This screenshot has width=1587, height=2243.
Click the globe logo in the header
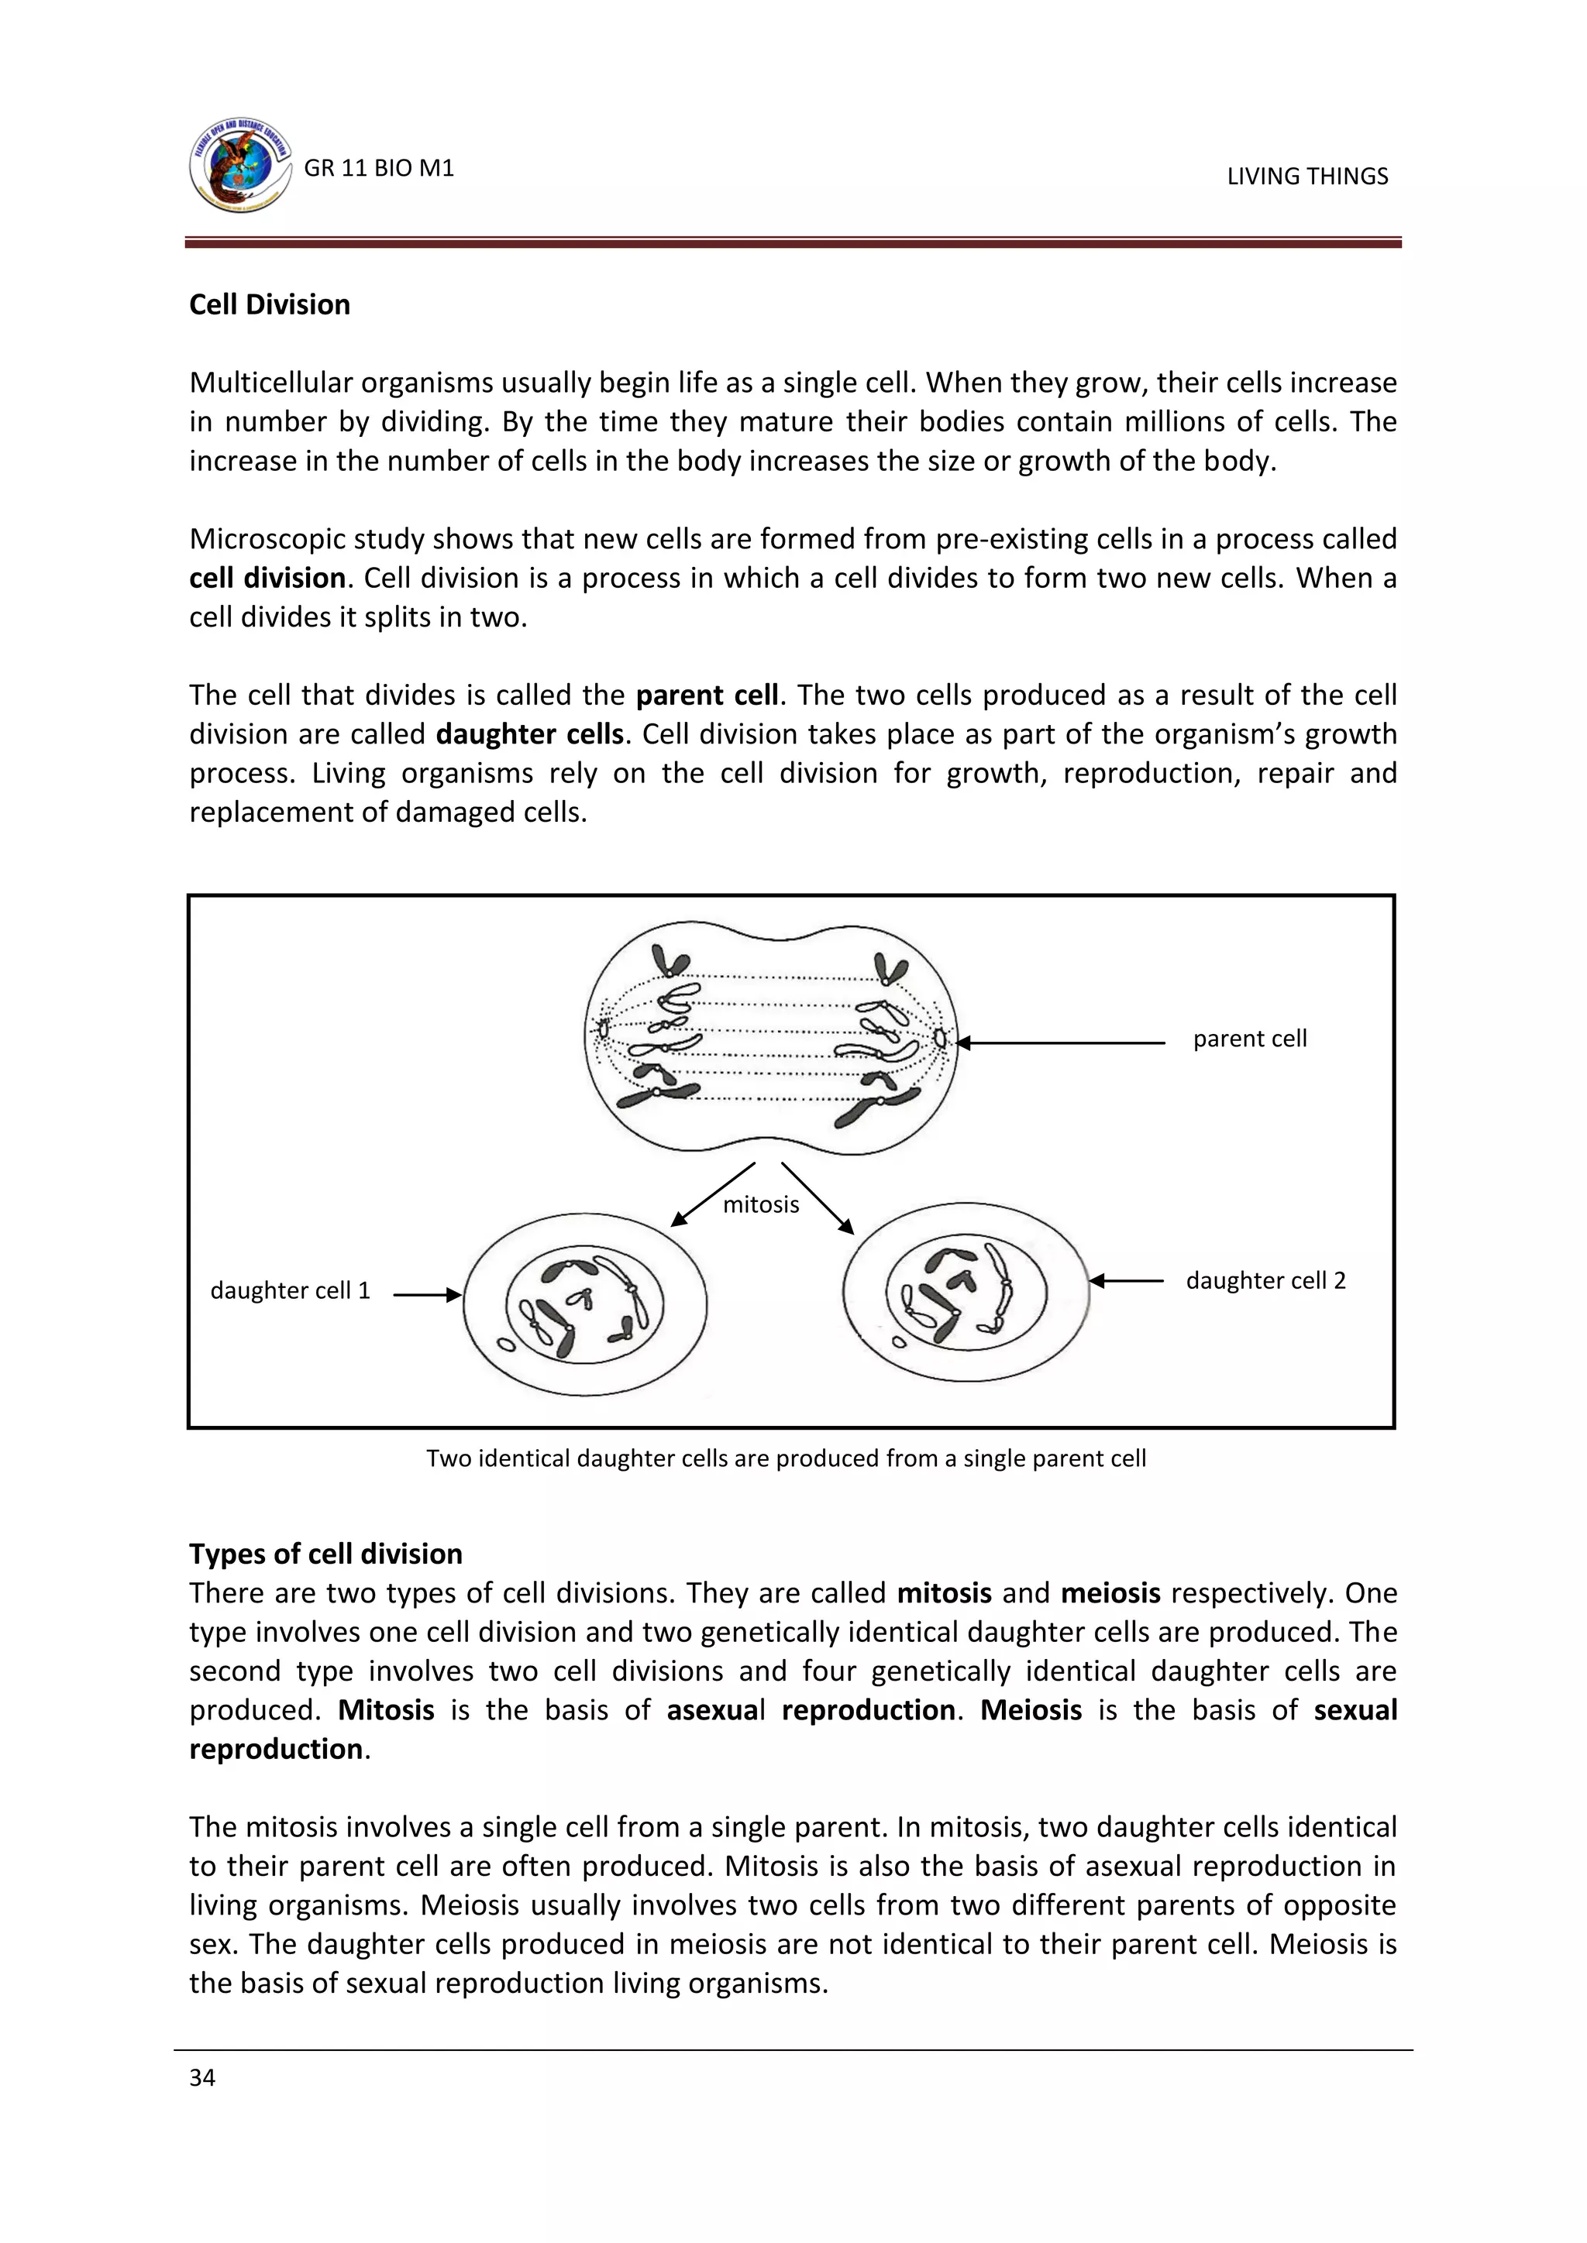tap(240, 165)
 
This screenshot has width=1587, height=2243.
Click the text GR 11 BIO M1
tap(379, 168)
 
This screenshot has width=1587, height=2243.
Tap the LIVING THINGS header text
tap(1306, 176)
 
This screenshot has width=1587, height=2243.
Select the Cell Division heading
tap(269, 305)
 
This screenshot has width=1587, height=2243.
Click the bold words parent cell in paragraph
tap(707, 696)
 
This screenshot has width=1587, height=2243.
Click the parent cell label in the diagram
tap(1249, 1039)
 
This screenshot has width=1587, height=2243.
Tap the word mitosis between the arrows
tap(760, 1204)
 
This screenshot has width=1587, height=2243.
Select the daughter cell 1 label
tap(291, 1290)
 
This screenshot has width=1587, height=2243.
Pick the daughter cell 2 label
tap(1265, 1281)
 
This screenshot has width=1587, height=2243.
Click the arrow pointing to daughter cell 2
tap(1126, 1281)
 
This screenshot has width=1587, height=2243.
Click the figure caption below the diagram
tap(786, 1458)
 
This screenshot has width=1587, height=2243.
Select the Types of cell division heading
tap(325, 1554)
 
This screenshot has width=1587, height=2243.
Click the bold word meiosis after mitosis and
tap(1110, 1593)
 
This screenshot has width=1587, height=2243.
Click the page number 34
tap(202, 2078)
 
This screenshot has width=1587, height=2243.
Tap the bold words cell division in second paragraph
tap(267, 579)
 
